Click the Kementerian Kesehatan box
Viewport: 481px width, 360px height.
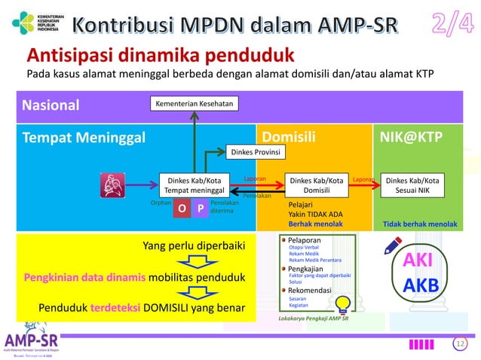[194, 103]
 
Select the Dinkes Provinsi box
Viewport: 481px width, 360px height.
[256, 153]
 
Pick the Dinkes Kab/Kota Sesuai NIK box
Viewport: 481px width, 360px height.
[412, 185]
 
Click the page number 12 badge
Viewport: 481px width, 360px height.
[461, 344]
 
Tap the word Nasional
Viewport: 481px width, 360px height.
[54, 105]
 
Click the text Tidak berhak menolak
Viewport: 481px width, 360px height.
[420, 224]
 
